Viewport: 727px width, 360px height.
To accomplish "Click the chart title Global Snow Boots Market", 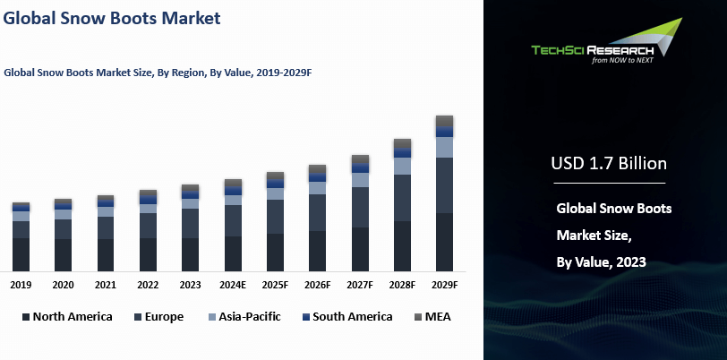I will pyautogui.click(x=112, y=17).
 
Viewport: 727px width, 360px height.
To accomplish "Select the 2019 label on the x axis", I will pyautogui.click(x=21, y=285).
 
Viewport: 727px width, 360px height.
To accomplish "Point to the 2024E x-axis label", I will pyautogui.click(x=233, y=285).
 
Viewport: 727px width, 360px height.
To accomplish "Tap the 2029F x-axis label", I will pyautogui.click(x=444, y=285).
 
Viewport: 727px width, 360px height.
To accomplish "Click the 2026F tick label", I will pyautogui.click(x=317, y=285).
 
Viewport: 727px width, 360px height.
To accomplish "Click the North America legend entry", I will pyautogui.click(x=68, y=316).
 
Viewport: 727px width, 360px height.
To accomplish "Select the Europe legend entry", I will pyautogui.click(x=158, y=316).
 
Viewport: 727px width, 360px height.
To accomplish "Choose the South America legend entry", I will pyautogui.click(x=346, y=316).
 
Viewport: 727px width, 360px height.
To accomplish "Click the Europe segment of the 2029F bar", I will pyautogui.click(x=444, y=185).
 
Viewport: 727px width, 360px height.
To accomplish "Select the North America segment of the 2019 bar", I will pyautogui.click(x=21, y=254).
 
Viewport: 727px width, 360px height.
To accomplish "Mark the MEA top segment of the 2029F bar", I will pyautogui.click(x=444, y=122).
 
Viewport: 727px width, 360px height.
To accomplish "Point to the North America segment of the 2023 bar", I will pyautogui.click(x=190, y=254).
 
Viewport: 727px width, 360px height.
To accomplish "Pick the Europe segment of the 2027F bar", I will pyautogui.click(x=360, y=207).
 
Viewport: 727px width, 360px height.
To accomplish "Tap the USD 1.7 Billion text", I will pyautogui.click(x=608, y=164).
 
